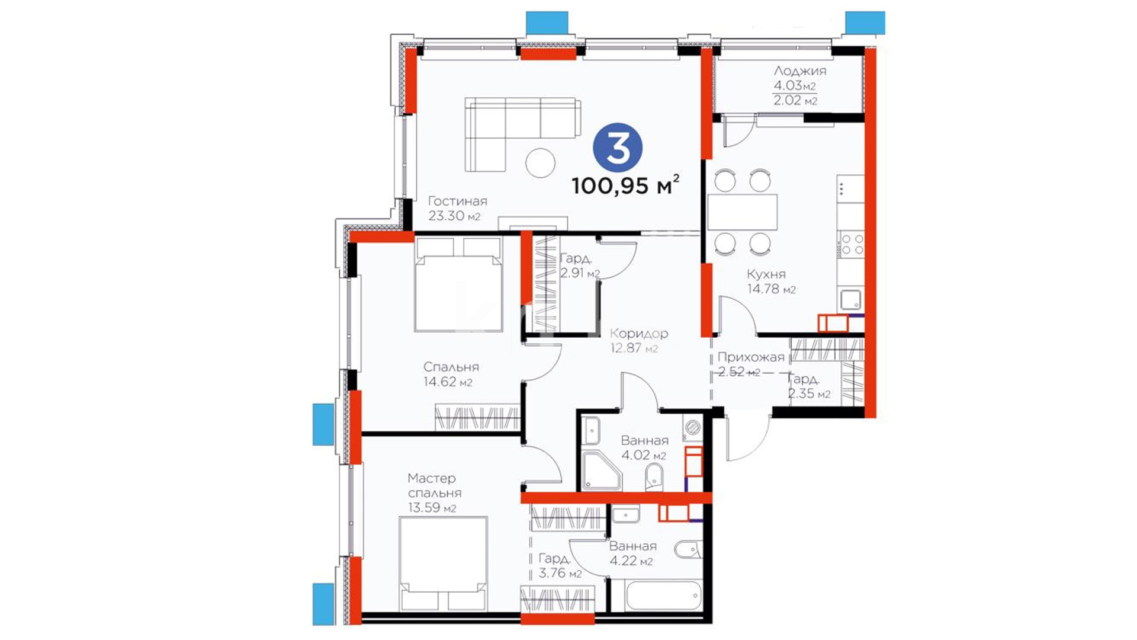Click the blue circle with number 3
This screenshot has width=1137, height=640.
pyautogui.click(x=618, y=148)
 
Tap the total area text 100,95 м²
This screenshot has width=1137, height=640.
pyautogui.click(x=625, y=185)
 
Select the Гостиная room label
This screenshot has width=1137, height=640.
pyautogui.click(x=457, y=201)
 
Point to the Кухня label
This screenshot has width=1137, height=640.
pyautogui.click(x=766, y=274)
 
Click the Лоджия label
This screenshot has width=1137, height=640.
pyautogui.click(x=799, y=71)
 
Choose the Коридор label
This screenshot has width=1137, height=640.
pyautogui.click(x=639, y=334)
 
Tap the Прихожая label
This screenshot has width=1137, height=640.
pyautogui.click(x=751, y=357)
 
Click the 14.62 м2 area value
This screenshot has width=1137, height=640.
pyautogui.click(x=448, y=382)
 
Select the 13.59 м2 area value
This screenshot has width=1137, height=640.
pyautogui.click(x=432, y=508)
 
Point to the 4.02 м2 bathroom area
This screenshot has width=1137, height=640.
pyautogui.click(x=644, y=456)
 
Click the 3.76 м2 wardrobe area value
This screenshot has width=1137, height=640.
pyautogui.click(x=560, y=574)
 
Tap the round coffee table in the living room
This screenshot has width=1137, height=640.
pyautogui.click(x=541, y=162)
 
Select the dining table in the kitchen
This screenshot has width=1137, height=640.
pyautogui.click(x=742, y=212)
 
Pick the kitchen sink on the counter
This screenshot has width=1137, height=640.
pyautogui.click(x=851, y=300)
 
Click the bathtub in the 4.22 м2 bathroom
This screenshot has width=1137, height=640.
pyautogui.click(x=656, y=595)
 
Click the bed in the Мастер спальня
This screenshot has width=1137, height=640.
pyautogui.click(x=444, y=564)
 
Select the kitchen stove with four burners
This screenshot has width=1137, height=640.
pyautogui.click(x=851, y=244)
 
